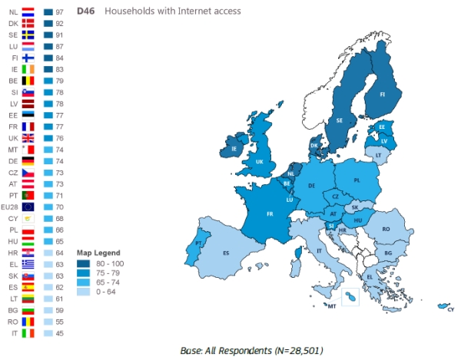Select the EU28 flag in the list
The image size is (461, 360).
(28, 206)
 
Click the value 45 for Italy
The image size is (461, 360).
(58, 334)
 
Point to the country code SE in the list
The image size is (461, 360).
(12, 35)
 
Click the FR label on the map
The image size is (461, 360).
(270, 214)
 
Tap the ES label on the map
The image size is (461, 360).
(226, 253)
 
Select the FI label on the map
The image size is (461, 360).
(381, 94)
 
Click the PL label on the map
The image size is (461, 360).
(357, 181)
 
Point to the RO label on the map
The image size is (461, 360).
(386, 229)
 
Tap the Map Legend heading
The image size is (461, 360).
(95, 253)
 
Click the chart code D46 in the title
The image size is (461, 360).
(85, 12)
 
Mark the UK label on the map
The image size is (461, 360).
(260, 162)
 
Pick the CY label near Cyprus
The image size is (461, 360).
(450, 309)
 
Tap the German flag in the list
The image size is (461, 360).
(28, 162)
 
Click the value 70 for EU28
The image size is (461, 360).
(58, 206)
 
